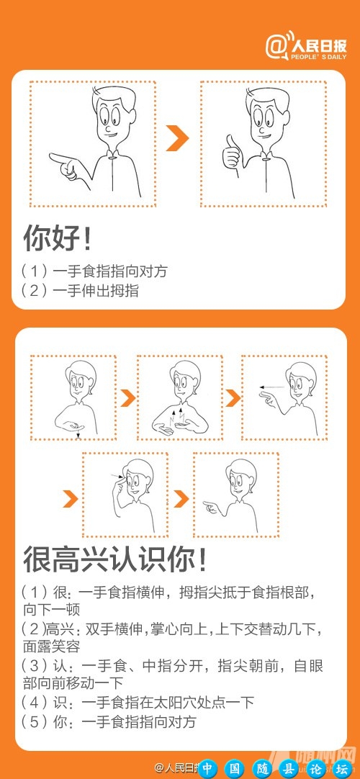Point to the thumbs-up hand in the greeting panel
click(233, 152)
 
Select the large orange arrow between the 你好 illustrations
click(176, 139)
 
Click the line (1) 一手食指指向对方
click(94, 271)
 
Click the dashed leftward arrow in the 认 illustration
click(271, 387)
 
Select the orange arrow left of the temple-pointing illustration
click(71, 498)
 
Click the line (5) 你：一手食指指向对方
click(109, 721)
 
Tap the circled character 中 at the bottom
click(208, 767)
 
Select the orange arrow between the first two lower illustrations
click(127, 398)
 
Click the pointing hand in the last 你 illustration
click(211, 508)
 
